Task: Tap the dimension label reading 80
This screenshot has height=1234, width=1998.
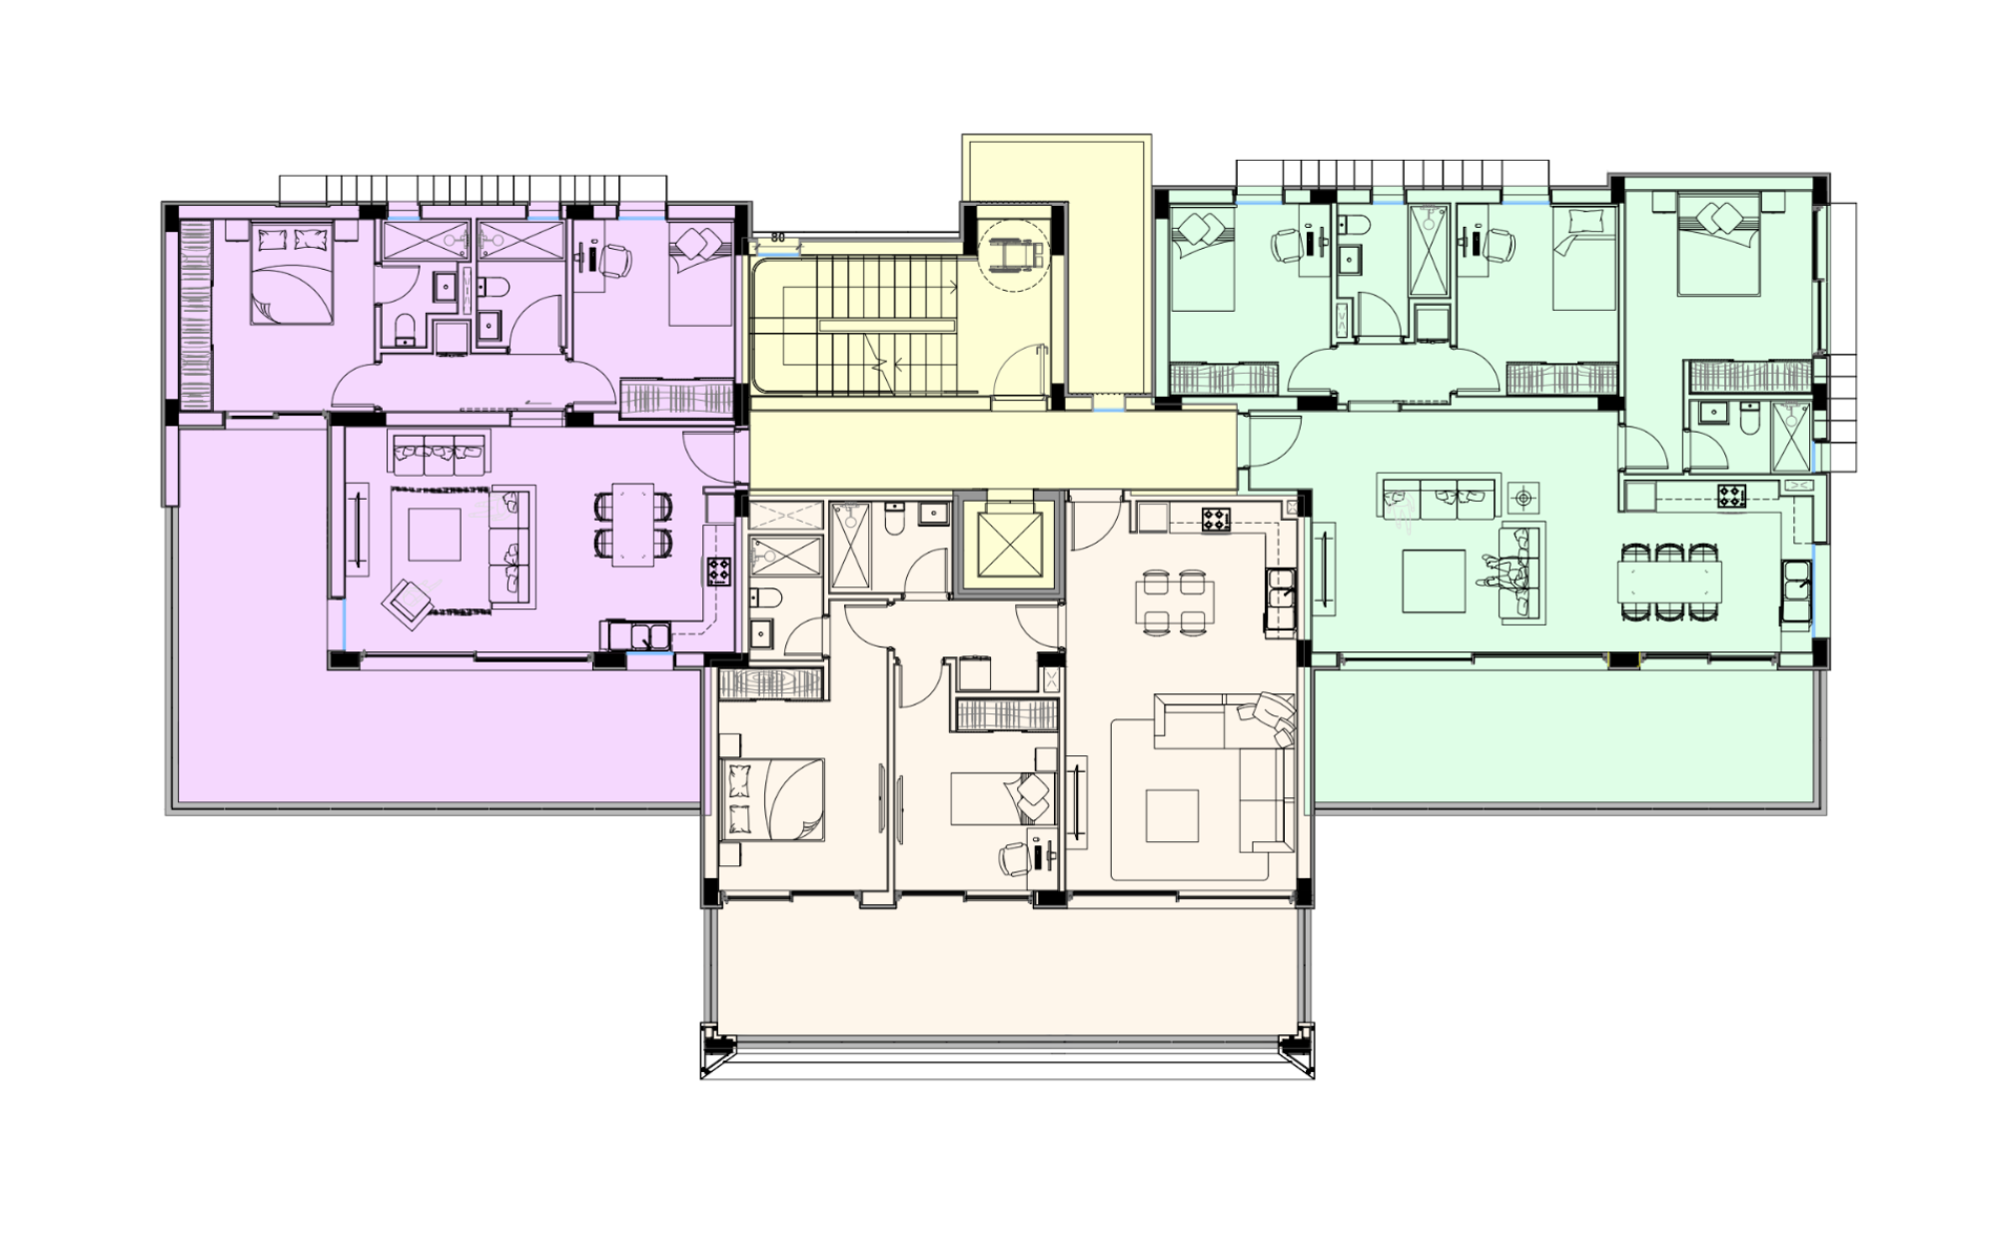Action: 777,238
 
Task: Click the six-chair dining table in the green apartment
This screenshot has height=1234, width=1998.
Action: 1669,580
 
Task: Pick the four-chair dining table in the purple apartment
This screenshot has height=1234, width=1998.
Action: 632,526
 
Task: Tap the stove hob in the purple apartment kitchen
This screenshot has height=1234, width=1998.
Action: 719,572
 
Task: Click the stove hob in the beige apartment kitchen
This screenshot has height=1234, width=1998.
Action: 1216,519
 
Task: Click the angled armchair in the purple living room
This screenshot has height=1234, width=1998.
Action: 409,603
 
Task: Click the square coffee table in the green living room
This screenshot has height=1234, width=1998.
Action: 1434,581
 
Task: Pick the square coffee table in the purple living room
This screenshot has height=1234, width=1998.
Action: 435,535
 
